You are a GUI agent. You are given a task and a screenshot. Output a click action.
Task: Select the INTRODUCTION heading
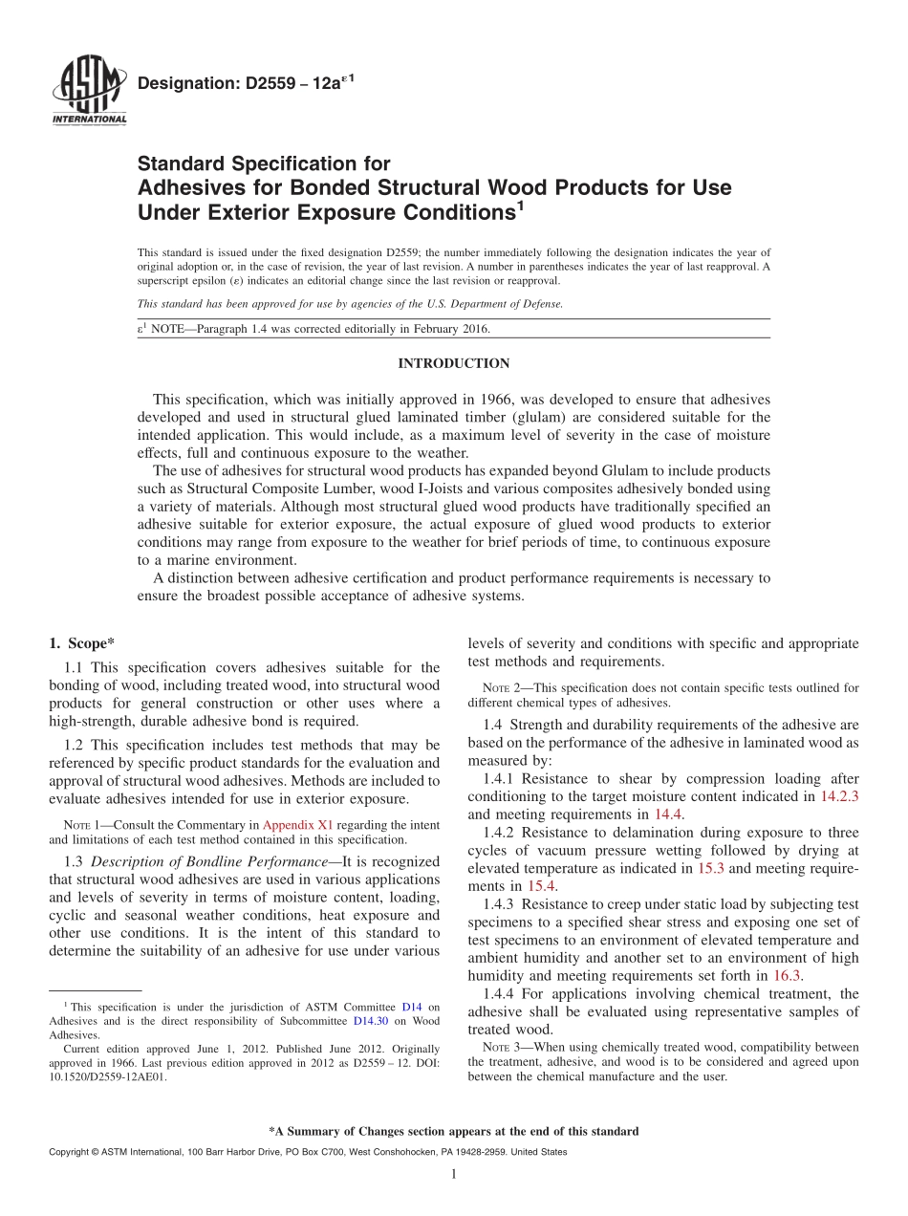453,364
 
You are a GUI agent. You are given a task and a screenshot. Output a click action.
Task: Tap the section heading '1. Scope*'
81,643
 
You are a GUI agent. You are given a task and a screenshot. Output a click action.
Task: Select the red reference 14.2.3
839,796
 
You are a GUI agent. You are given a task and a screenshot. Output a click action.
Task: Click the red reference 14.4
667,814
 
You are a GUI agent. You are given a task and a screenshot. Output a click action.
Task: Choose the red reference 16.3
788,975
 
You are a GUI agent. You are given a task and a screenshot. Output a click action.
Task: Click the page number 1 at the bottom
454,1175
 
